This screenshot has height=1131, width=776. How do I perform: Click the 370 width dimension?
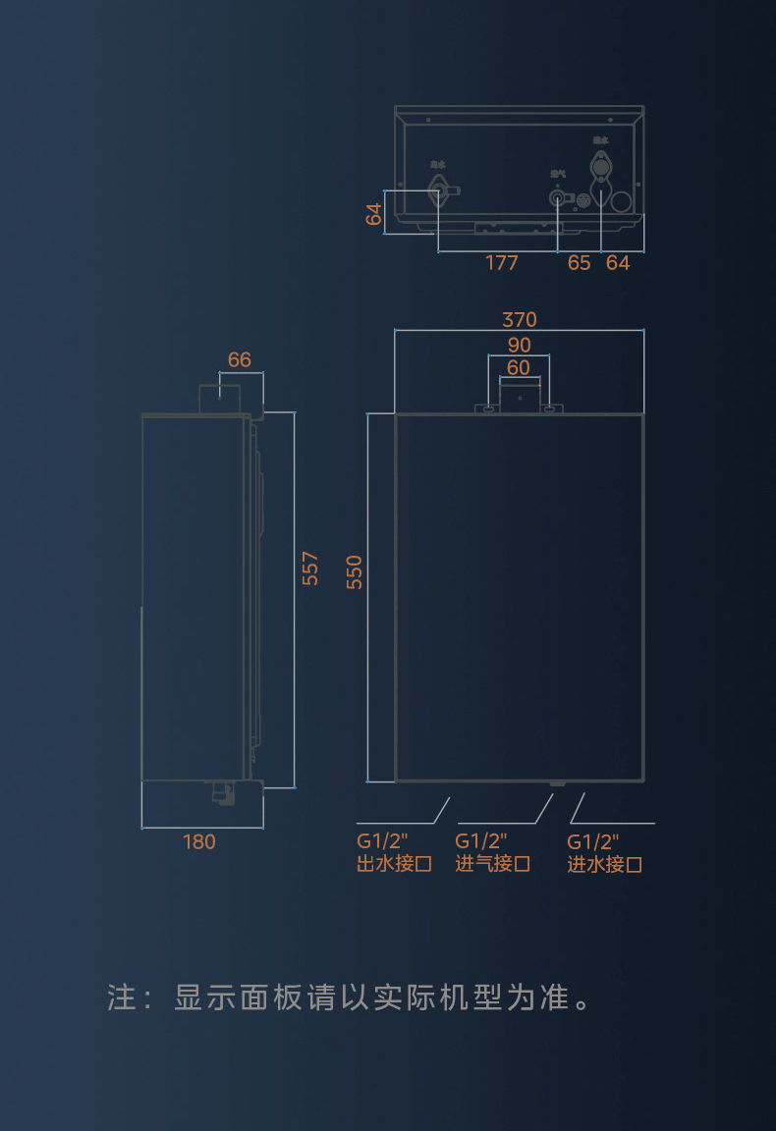coord(520,320)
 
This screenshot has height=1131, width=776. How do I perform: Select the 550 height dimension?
coord(355,571)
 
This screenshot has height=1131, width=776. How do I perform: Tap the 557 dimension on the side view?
coord(310,568)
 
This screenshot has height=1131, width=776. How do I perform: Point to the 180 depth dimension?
coord(199,841)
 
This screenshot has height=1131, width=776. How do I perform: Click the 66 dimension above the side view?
coord(240,360)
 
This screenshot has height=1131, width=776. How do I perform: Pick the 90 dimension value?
coord(520,345)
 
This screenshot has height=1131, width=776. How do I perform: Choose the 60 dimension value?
coord(519,368)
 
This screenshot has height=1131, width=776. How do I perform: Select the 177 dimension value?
coord(501,263)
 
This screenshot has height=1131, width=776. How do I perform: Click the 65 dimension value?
coord(580,263)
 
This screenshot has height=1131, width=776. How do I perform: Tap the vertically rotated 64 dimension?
coord(374,213)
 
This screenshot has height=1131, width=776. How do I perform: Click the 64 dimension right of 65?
coord(618,263)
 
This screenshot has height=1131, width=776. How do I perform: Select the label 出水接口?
coord(395,865)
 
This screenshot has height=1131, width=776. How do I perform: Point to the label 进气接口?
coord(493,864)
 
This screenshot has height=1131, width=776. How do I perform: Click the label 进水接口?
coord(605,865)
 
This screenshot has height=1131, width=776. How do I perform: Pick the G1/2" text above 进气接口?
coord(480,841)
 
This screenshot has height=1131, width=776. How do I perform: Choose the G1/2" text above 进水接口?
coord(593,841)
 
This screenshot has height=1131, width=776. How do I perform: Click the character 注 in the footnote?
coord(121,998)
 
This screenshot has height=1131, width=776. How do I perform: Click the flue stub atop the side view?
coord(220,398)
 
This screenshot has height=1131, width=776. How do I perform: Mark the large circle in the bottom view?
coord(622,200)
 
